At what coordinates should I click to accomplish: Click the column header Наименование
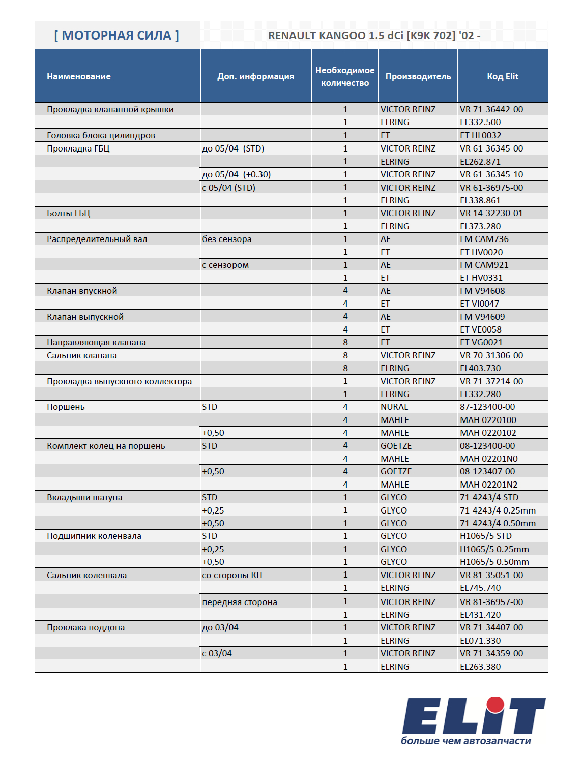pyautogui.click(x=79, y=76)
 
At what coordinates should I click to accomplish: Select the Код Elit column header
pyautogui.click(x=502, y=76)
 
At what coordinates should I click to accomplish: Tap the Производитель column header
pyautogui.click(x=418, y=76)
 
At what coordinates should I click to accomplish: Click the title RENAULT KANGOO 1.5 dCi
pyautogui.click(x=374, y=36)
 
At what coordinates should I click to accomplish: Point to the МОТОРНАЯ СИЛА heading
pyautogui.click(x=116, y=36)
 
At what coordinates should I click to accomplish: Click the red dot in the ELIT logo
pyautogui.click(x=495, y=705)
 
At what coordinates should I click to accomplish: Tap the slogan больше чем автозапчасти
pyautogui.click(x=465, y=741)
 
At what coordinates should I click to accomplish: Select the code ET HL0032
pyautogui.click(x=480, y=135)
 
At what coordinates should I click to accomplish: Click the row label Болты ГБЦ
pyautogui.click(x=69, y=213)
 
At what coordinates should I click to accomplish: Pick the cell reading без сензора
pyautogui.click(x=227, y=239)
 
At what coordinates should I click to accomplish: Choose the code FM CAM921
pyautogui.click(x=484, y=265)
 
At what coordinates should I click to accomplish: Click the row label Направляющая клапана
pyautogui.click(x=96, y=342)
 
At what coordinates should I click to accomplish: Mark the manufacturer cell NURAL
pyautogui.click(x=394, y=407)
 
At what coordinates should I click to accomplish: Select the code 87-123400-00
pyautogui.click(x=487, y=407)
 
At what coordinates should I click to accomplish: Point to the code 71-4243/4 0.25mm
pyautogui.click(x=498, y=510)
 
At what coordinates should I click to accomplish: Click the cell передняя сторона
pyautogui.click(x=240, y=602)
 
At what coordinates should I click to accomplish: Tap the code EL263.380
pyautogui.click(x=480, y=667)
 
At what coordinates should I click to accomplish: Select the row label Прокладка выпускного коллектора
pyautogui.click(x=120, y=381)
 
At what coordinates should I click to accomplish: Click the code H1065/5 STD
pyautogui.click(x=486, y=536)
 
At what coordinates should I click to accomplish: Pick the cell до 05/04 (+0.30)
pyautogui.click(x=237, y=174)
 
